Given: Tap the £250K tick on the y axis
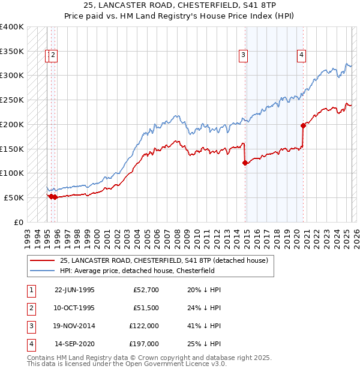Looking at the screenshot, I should [x=12, y=100].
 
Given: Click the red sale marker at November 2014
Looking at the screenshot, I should [x=245, y=163].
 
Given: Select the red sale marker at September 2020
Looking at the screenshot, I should [x=303, y=125].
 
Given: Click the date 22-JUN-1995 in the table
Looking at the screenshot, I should [x=74, y=290].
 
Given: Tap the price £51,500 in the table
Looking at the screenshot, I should [x=146, y=308].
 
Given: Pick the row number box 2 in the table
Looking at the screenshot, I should [x=31, y=308].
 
